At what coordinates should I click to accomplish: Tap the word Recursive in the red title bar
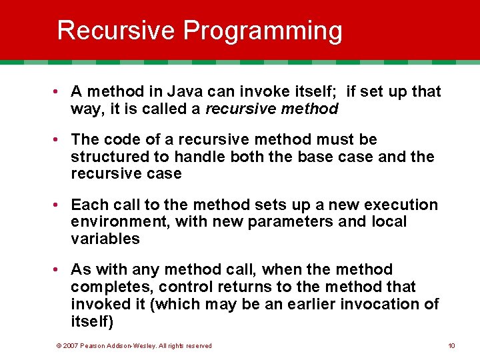point(117,31)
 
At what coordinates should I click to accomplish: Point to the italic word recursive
point(236,109)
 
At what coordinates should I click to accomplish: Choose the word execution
point(397,205)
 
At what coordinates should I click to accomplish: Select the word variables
point(105,239)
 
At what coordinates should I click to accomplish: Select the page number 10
point(451,345)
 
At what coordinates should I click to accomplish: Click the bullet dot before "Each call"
point(60,205)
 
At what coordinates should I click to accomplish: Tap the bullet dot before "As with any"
point(60,270)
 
